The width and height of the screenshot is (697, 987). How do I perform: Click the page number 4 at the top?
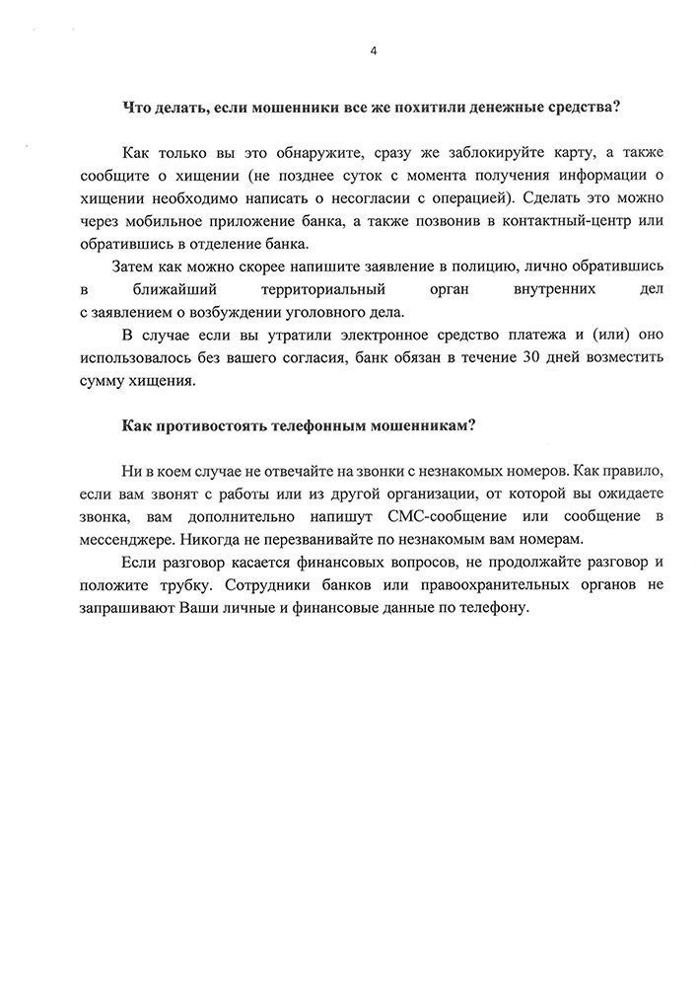[x=373, y=49]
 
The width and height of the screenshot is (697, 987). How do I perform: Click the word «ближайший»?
[x=174, y=290]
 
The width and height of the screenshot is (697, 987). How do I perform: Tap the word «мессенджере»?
[x=132, y=540]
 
